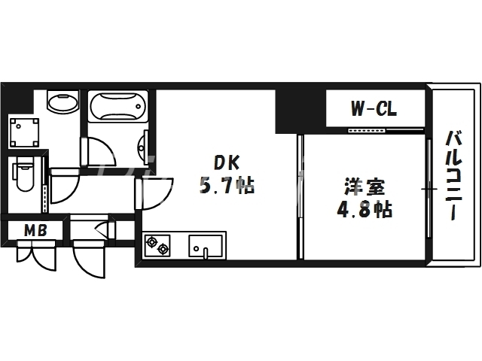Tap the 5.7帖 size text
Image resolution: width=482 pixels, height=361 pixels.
[x=227, y=184]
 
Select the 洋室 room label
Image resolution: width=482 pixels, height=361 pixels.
[x=359, y=185]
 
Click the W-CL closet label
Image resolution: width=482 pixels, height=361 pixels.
[x=374, y=110]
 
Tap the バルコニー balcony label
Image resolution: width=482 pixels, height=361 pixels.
[x=453, y=175]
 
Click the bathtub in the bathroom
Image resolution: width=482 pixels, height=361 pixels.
[x=115, y=106]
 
